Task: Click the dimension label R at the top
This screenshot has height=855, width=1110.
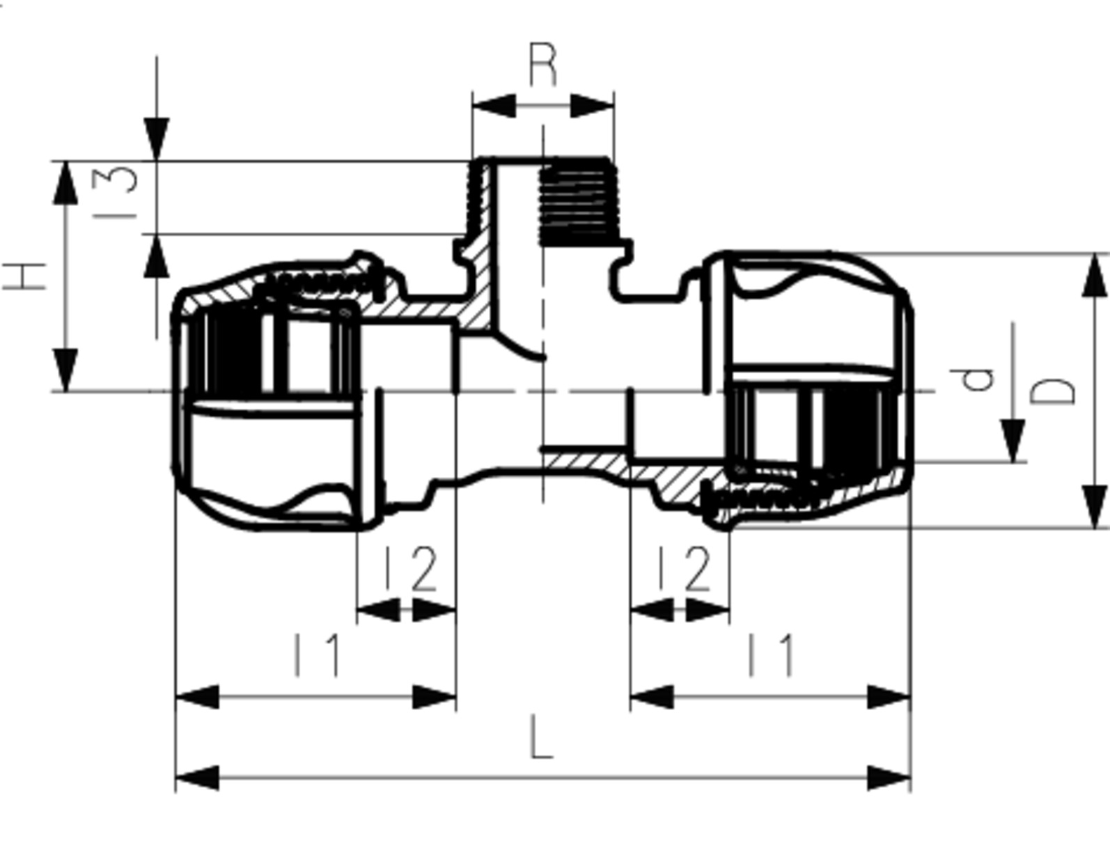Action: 543,65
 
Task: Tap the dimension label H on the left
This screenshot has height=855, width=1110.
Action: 24,277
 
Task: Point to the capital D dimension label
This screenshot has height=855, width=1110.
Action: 1052,391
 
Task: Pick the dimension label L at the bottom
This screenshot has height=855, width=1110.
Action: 542,737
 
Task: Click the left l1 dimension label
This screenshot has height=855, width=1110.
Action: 317,655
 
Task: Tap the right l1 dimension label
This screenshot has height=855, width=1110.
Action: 771,655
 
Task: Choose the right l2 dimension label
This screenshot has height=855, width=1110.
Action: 684,568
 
